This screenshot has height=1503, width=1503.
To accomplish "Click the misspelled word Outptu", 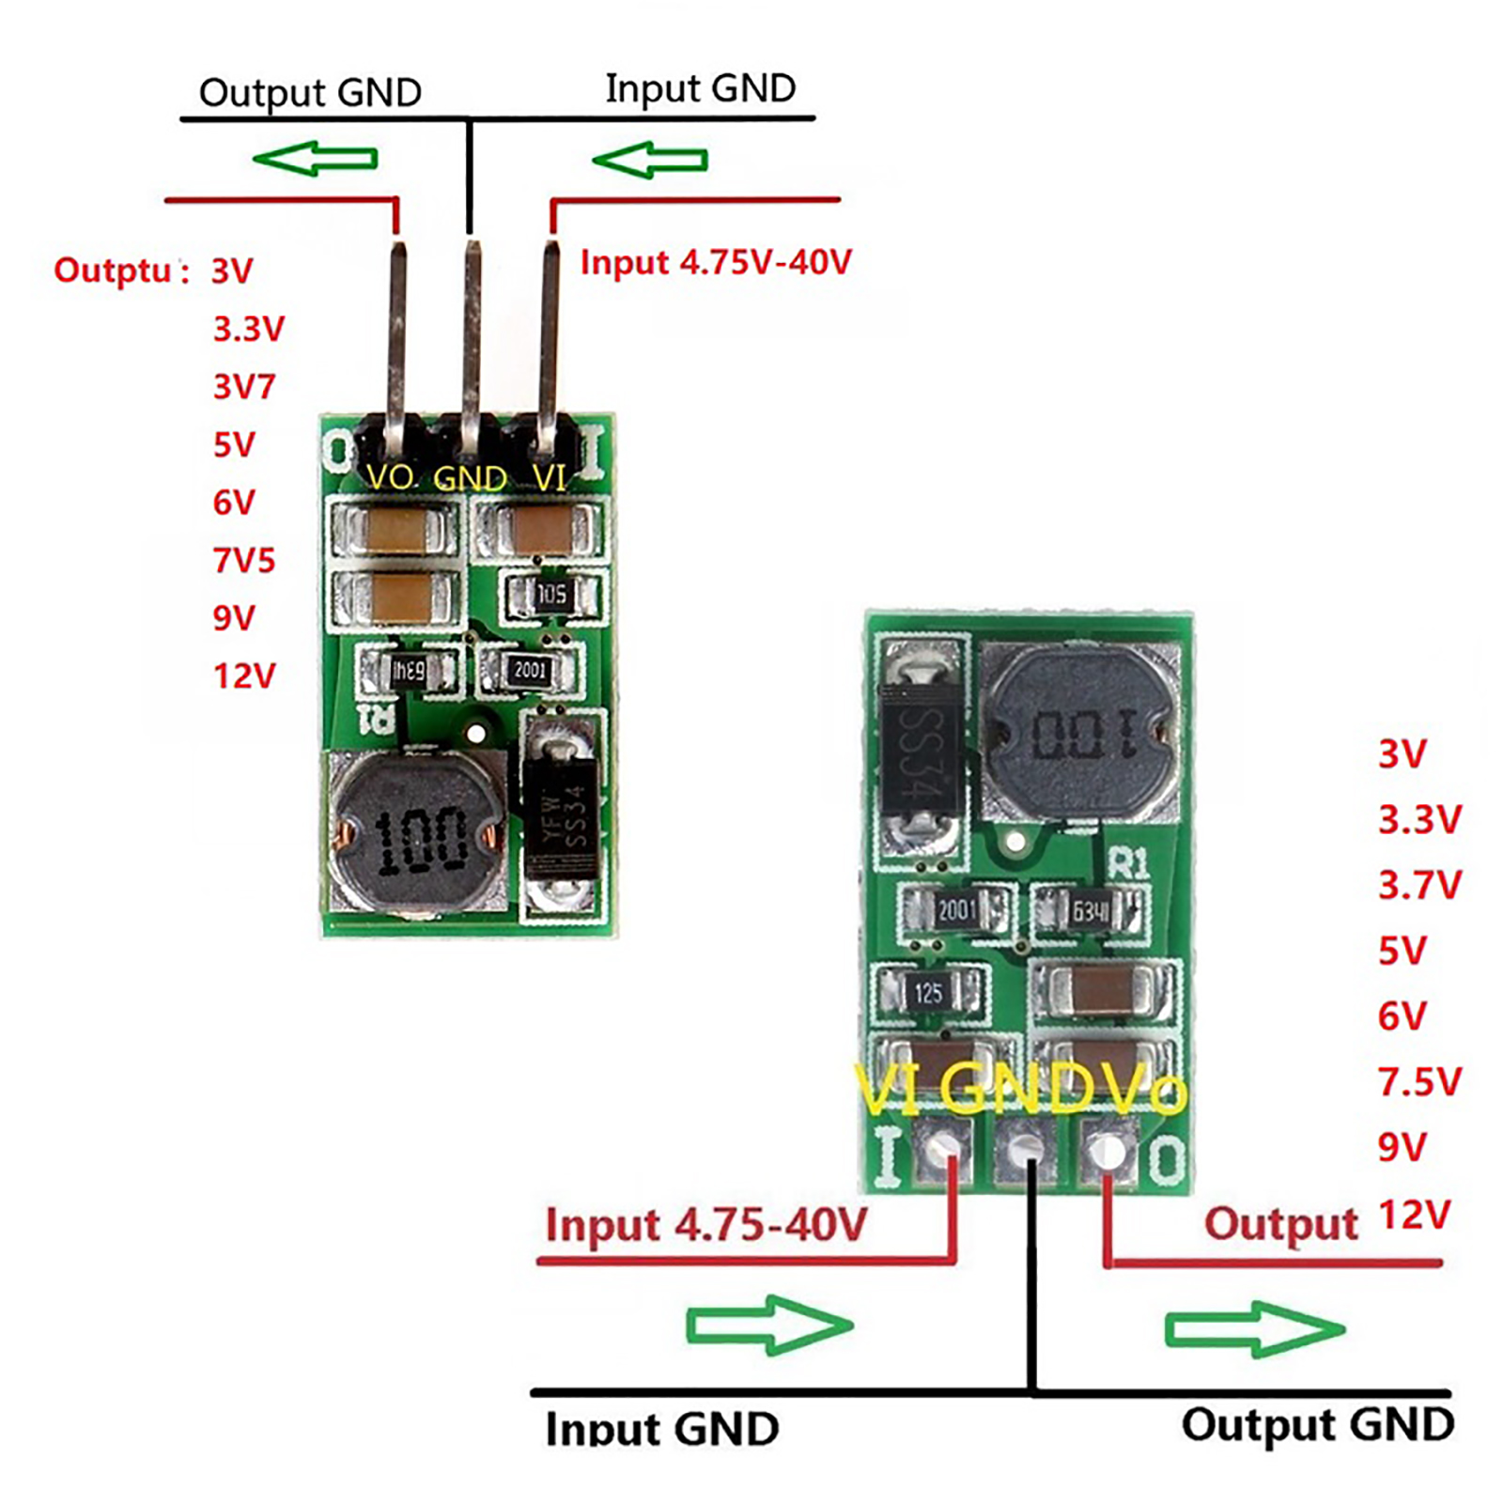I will tap(113, 271).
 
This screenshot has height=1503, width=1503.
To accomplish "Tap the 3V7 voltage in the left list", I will tap(243, 386).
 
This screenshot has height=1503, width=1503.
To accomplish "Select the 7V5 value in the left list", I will tap(243, 561).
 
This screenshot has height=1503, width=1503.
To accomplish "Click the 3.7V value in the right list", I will tap(1418, 885).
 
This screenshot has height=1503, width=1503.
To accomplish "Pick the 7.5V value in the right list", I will tap(1418, 1082).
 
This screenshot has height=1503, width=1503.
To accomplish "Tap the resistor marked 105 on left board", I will tap(551, 595).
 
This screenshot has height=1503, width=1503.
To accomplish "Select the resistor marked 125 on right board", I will tap(928, 993).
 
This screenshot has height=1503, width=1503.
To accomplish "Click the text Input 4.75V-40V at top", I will tap(716, 262).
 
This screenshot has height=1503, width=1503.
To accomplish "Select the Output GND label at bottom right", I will tap(1317, 1424).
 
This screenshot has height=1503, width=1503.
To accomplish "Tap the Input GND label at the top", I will tap(700, 89).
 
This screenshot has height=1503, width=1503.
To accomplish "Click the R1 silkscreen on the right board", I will tap(1127, 862).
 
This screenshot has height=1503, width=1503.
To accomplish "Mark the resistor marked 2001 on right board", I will tap(955, 909).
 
